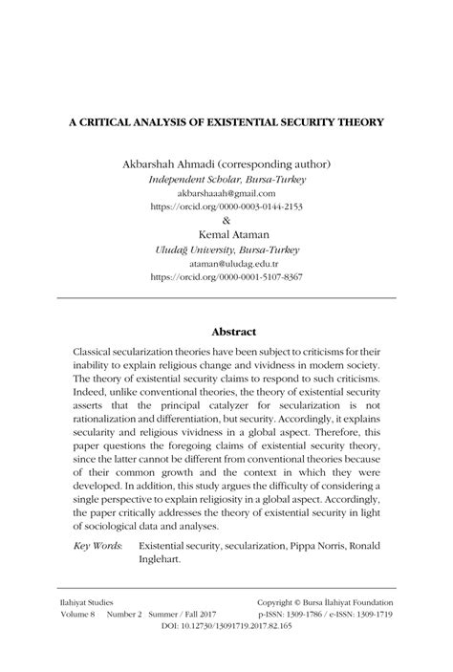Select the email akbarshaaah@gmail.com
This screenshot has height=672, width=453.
pos(226,192)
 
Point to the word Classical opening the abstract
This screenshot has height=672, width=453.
pos(100,352)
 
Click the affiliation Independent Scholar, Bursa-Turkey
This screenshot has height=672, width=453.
pos(226,179)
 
